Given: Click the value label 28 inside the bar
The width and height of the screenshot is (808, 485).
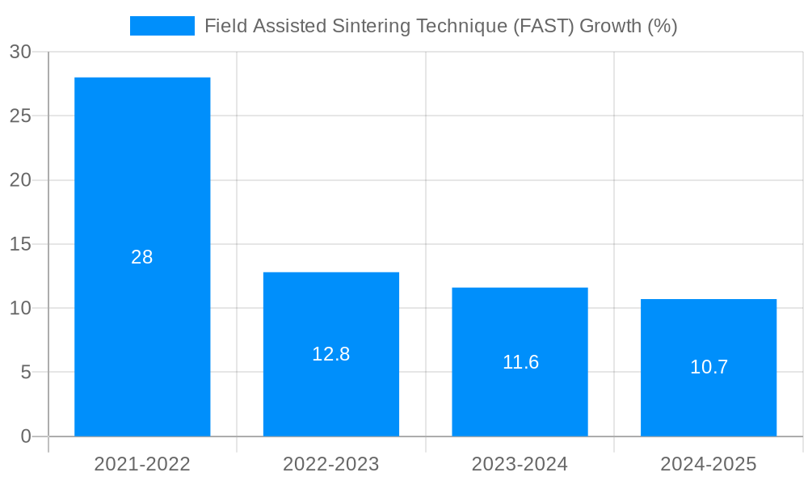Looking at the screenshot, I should click(142, 257).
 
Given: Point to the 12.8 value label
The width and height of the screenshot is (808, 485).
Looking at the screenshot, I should click(330, 354).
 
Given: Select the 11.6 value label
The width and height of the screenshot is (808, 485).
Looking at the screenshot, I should click(520, 362).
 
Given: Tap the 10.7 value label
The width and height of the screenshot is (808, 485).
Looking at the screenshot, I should click(709, 367).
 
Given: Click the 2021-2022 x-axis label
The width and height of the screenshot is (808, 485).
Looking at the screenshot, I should click(142, 464).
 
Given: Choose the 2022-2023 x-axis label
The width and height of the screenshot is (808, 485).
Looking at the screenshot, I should click(330, 464).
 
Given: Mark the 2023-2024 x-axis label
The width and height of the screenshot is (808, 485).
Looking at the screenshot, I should click(520, 464).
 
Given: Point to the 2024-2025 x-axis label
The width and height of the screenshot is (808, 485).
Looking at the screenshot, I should click(709, 464).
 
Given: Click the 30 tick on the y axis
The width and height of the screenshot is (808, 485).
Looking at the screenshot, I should click(20, 52).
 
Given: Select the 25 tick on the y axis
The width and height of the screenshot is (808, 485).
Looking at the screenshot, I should click(20, 116).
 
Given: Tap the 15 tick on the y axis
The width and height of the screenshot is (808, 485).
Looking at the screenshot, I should click(20, 244).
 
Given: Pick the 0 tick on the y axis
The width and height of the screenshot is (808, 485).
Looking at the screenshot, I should click(25, 436).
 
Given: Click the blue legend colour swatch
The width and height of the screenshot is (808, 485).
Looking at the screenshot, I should click(162, 26).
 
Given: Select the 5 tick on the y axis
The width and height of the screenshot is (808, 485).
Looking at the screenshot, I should click(25, 373).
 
